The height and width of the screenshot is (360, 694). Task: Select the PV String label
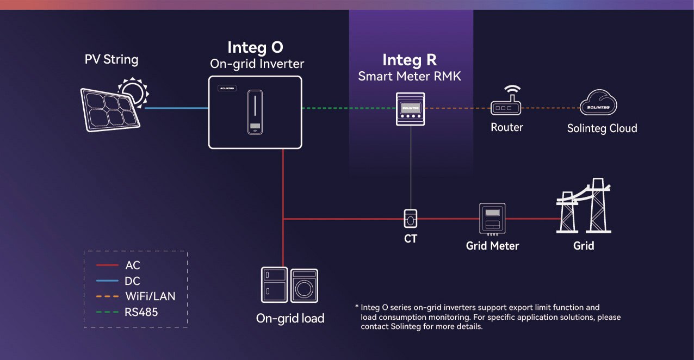click(x=111, y=59)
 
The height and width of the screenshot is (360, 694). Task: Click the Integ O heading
click(x=255, y=47)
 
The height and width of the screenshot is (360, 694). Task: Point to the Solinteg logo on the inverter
click(x=227, y=88)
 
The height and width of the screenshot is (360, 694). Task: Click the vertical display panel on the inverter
click(x=255, y=111)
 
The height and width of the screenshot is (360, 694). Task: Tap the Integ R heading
click(x=410, y=59)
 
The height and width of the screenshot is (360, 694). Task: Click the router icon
click(x=506, y=103)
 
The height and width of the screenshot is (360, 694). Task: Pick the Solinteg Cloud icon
click(x=598, y=103)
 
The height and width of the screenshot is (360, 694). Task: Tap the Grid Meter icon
click(x=492, y=219)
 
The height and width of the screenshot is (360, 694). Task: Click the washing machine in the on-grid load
click(x=304, y=285)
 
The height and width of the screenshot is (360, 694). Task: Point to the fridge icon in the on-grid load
click(x=275, y=285)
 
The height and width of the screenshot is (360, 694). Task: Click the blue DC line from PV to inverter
click(x=177, y=108)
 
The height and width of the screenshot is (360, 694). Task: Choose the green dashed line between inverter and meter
click(x=348, y=108)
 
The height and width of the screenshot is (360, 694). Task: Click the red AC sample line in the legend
click(x=107, y=265)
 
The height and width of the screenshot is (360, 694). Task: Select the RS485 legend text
click(x=141, y=312)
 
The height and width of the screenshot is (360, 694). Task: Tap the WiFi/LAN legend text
click(x=150, y=297)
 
